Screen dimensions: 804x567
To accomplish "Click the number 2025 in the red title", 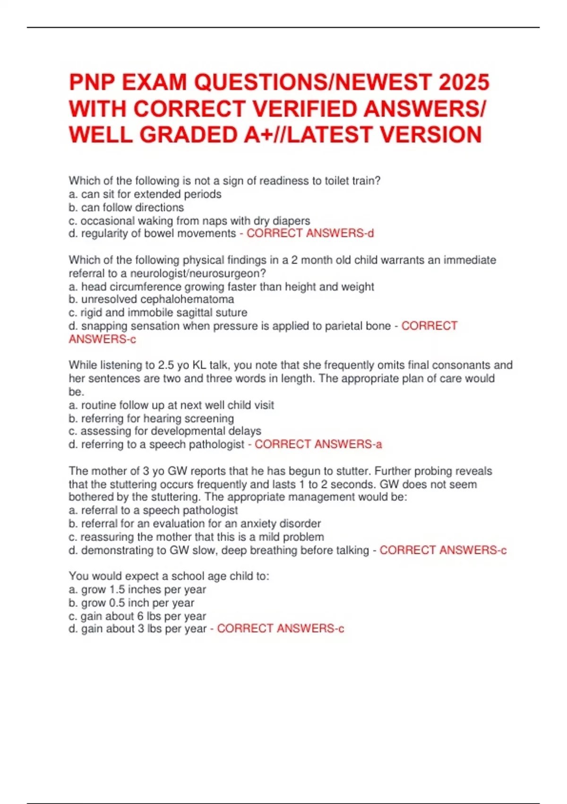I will (464, 82).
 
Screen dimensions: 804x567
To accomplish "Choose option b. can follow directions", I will (126, 207).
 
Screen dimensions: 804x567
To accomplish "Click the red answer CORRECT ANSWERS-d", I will (310, 233).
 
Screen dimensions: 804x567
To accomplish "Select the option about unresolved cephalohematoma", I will (151, 299).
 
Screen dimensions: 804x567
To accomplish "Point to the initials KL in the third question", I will (200, 365).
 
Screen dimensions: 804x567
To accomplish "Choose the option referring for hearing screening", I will (151, 419).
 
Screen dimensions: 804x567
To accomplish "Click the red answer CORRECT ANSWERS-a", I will (318, 444).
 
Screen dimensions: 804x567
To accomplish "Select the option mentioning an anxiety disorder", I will (195, 524).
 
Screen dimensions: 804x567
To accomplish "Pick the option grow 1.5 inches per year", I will (137, 589).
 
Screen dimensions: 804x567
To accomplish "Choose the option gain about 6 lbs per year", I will (137, 616).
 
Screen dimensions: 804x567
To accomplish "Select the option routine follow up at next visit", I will (171, 405).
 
